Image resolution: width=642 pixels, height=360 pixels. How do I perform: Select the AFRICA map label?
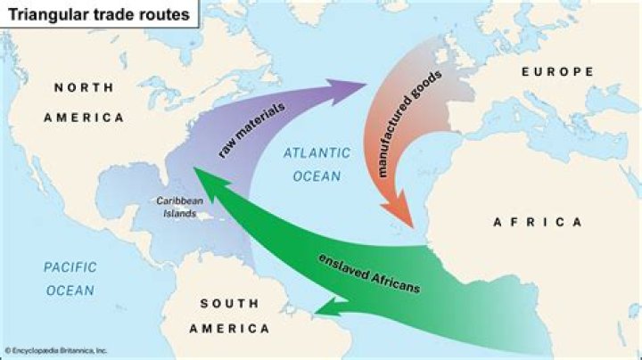click(x=538, y=221)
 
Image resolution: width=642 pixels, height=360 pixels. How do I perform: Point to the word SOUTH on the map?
click(x=231, y=304)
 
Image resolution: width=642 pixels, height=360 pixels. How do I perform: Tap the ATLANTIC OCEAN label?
click(x=311, y=164)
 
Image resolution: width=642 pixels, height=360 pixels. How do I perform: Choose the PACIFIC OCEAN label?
click(x=70, y=278)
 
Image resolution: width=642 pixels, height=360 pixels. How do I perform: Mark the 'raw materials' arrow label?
click(x=251, y=130)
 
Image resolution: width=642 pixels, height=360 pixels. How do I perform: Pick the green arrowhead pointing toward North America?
click(x=208, y=183)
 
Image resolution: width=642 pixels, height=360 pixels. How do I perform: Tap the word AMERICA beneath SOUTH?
click(x=231, y=328)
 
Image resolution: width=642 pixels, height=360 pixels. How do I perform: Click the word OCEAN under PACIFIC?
click(x=70, y=290)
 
